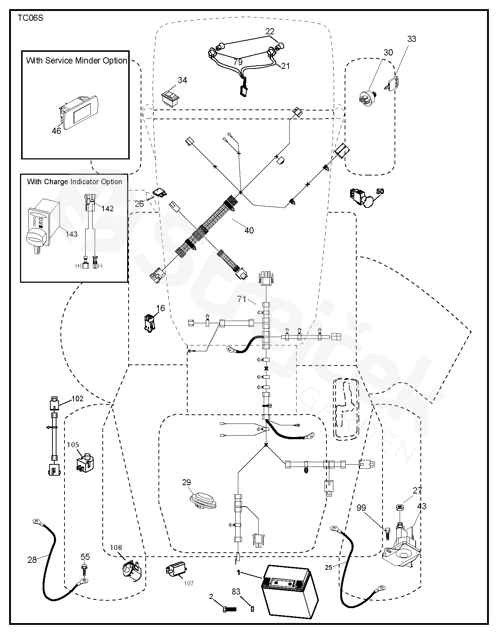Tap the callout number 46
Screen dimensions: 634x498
[x=56, y=131]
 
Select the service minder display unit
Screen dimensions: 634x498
[x=79, y=112]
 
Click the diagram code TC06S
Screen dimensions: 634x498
[x=30, y=18]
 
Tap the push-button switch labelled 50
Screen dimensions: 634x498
[x=362, y=198]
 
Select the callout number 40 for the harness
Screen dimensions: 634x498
[x=249, y=231]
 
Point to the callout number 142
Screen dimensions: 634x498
[x=107, y=209]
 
